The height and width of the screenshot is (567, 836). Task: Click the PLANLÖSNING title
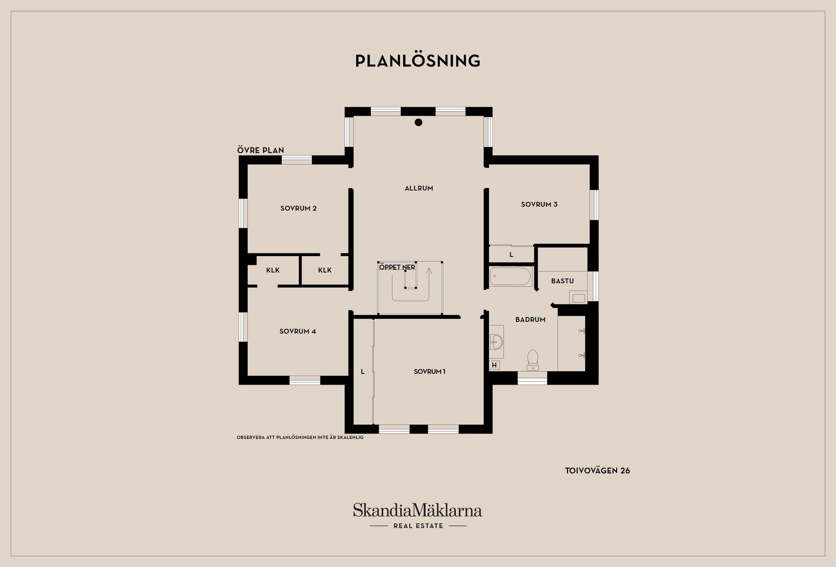click(418, 61)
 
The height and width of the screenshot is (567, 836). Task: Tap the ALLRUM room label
click(419, 188)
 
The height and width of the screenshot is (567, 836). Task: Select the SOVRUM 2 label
click(298, 208)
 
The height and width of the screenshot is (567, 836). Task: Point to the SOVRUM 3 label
click(539, 204)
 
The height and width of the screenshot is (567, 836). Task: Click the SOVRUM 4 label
click(298, 331)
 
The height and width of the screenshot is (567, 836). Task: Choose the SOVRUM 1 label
click(429, 371)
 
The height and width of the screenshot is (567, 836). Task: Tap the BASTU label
click(563, 281)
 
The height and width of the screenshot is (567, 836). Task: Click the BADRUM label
click(530, 320)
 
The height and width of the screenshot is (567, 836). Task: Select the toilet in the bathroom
click(533, 360)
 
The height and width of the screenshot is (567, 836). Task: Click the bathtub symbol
click(511, 277)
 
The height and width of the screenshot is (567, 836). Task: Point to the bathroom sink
click(496, 342)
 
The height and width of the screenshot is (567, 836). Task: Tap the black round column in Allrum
click(418, 122)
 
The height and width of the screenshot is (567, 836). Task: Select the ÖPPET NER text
click(397, 267)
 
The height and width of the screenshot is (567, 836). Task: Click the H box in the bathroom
click(494, 365)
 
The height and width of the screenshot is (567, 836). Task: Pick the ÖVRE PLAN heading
click(260, 150)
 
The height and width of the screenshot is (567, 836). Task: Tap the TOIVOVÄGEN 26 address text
click(597, 471)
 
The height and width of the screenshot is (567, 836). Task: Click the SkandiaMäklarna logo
click(418, 516)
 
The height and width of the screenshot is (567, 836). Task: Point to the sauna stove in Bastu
click(578, 297)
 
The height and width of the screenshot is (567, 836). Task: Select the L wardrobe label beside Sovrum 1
click(363, 371)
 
